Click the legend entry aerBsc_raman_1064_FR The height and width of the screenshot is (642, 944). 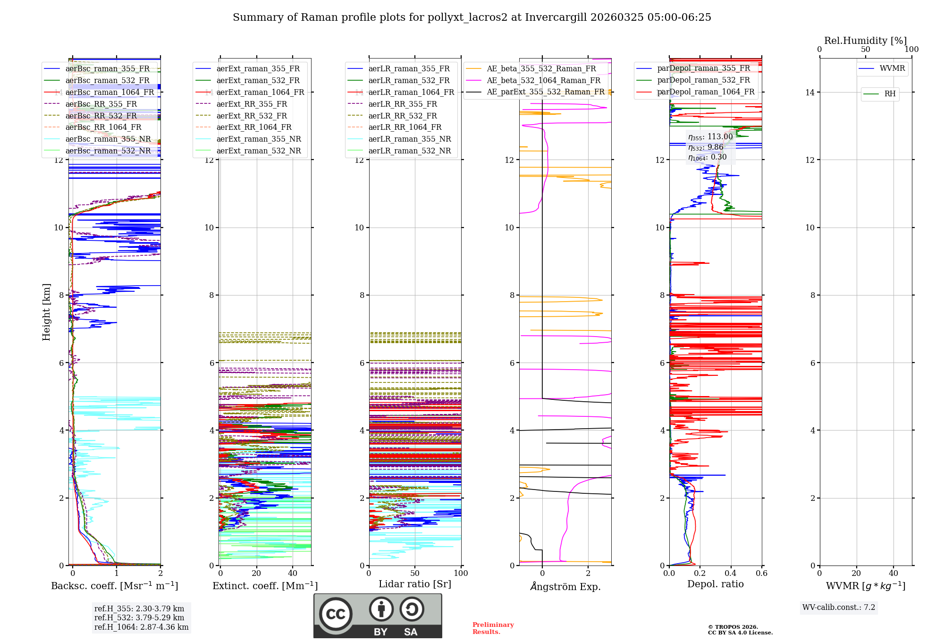tap(110, 93)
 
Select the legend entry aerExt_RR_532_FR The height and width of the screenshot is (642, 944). tap(252, 116)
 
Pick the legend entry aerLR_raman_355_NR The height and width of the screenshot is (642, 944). tap(409, 139)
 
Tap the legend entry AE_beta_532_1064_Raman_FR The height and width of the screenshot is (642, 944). tap(543, 81)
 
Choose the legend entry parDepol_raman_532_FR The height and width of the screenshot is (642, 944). tap(703, 80)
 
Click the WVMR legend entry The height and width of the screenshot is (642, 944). tap(892, 68)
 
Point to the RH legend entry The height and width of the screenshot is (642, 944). tap(890, 94)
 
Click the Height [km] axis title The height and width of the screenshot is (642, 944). tap(46, 312)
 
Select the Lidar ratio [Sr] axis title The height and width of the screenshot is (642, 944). tap(414, 584)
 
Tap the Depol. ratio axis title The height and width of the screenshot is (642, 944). tap(715, 584)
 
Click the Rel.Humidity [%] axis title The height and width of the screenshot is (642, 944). tap(865, 41)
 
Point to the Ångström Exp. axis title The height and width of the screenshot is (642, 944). tap(565, 587)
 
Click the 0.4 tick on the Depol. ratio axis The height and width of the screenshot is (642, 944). tap(731, 574)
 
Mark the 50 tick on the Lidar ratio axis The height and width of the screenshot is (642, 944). tap(415, 574)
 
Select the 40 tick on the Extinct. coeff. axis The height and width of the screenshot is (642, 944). tap(293, 574)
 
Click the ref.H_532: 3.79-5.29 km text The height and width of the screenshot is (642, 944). tap(139, 618)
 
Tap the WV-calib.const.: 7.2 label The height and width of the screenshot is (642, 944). tap(838, 608)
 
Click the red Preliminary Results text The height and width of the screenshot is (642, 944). tap(493, 628)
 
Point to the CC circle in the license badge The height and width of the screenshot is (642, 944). tap(336, 614)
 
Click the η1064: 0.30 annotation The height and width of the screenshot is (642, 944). tap(707, 157)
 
